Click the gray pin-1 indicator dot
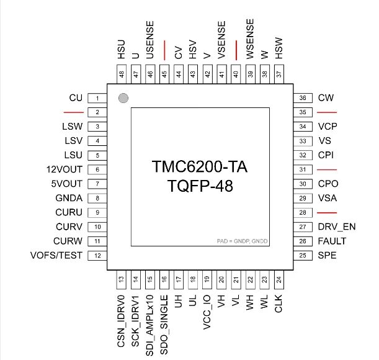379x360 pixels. tap(123, 97)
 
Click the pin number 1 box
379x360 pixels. tap(97, 98)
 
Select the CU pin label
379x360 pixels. tap(76, 98)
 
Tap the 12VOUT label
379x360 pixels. tap(65, 169)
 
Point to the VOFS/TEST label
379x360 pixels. tap(56, 256)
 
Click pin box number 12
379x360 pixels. tap(97, 256)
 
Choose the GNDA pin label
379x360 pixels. tap(69, 198)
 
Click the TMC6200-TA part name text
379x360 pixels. tap(199, 168)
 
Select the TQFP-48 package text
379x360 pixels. tap(199, 186)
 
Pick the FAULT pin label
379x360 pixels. tap(332, 241)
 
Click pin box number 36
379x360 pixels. tap(302, 98)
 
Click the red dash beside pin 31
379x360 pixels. tap(327, 169)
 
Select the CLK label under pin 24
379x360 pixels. tap(279, 304)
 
